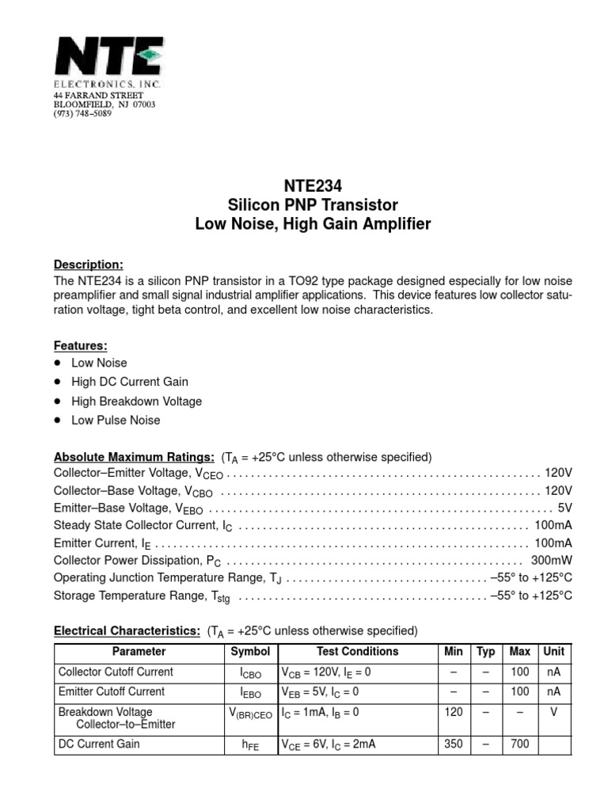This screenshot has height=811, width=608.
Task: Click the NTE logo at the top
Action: click(x=108, y=59)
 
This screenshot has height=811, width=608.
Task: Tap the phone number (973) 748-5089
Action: click(x=82, y=113)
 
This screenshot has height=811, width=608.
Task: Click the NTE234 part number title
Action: click(x=313, y=187)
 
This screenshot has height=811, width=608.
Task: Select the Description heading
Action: click(x=88, y=265)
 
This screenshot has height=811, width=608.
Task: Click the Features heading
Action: click(x=80, y=345)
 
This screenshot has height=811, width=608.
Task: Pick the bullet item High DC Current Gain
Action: click(x=130, y=382)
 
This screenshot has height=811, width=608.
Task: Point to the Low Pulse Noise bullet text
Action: click(x=116, y=420)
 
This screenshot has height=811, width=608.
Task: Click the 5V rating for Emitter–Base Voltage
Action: click(x=564, y=508)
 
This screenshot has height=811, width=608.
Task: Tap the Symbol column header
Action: click(x=250, y=652)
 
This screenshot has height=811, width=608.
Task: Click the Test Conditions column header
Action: click(x=357, y=652)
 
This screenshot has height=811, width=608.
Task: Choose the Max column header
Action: click(x=519, y=652)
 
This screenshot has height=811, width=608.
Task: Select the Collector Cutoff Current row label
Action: click(x=116, y=672)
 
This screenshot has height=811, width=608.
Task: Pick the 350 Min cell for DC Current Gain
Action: click(x=454, y=744)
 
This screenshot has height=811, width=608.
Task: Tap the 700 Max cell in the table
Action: click(x=519, y=744)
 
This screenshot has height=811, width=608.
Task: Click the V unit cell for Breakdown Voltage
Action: click(x=553, y=712)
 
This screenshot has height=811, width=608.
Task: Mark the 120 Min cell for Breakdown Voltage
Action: click(x=454, y=712)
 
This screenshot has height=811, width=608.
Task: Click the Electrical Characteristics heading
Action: click(x=127, y=630)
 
